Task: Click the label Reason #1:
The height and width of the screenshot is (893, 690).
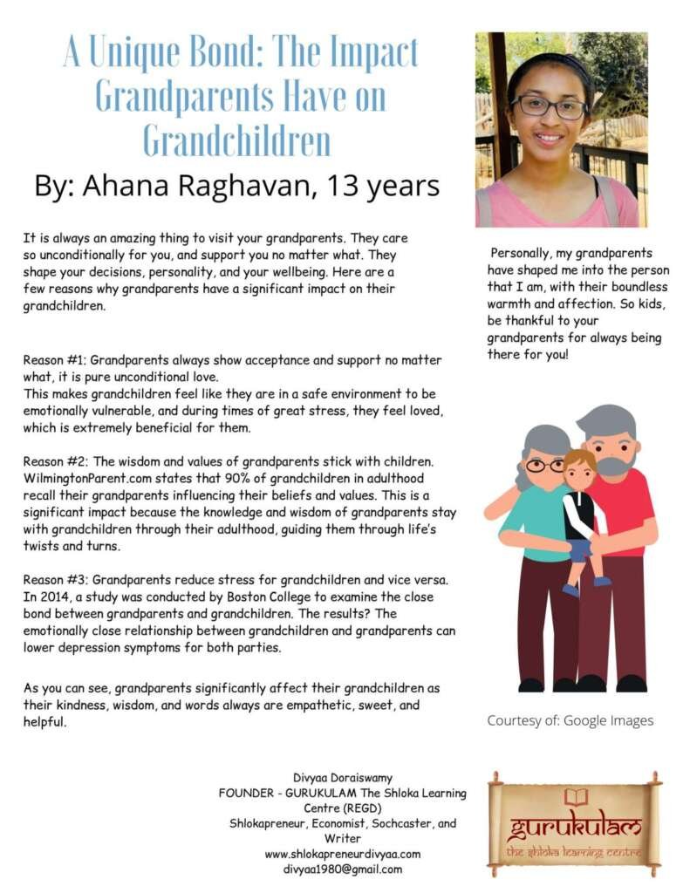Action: (x=55, y=359)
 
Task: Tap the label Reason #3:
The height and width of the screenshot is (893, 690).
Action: (x=55, y=580)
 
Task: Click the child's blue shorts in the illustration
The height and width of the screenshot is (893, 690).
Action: (x=580, y=549)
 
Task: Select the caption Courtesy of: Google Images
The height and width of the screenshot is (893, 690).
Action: (x=570, y=720)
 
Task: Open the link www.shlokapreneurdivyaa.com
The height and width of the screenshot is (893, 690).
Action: (x=342, y=854)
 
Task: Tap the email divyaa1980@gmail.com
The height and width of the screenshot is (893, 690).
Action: (x=342, y=869)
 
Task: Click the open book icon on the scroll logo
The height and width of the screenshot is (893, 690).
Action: (x=576, y=796)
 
